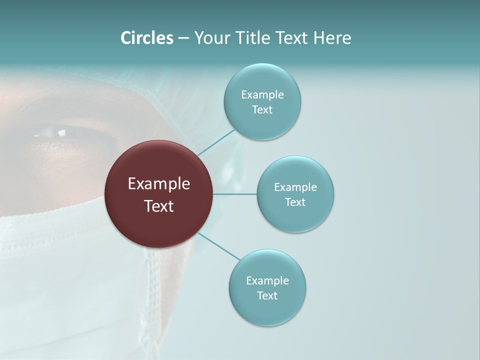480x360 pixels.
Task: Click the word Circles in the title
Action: point(146,38)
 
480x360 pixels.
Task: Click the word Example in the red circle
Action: point(158,184)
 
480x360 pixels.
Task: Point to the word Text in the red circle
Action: point(158,206)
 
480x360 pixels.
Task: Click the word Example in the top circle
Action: point(262,95)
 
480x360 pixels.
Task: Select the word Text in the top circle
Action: point(262,110)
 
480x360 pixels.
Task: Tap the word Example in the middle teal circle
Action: point(295,187)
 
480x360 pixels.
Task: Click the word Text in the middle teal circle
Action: point(295,202)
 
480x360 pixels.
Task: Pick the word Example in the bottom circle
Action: point(267,281)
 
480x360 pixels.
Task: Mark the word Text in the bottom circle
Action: point(267,296)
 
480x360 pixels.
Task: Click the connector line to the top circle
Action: point(216,142)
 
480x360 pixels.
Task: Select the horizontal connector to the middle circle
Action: point(235,194)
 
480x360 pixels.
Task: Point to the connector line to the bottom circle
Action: point(219,246)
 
